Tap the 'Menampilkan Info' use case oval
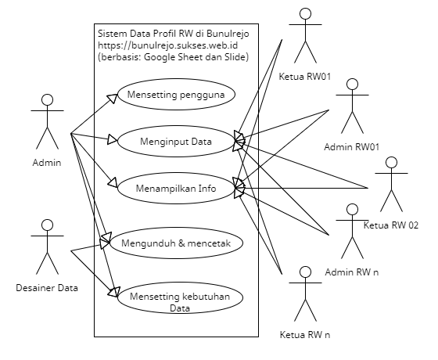point(174,187)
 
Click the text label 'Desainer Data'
point(47,288)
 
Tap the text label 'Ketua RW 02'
point(391,225)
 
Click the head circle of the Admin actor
point(47,100)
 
